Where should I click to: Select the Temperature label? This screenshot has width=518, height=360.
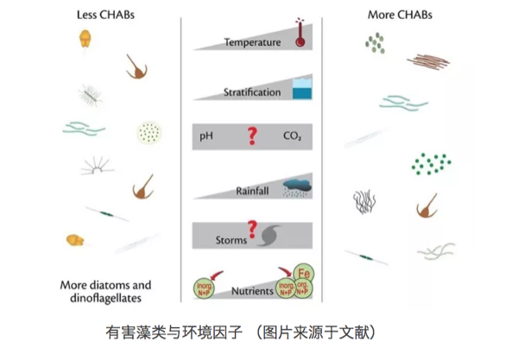coord(251,41)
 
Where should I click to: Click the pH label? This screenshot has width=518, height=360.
coord(206,136)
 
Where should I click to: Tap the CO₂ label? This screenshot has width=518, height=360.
coord(293,136)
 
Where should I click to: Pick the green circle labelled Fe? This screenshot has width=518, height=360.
coord(303,273)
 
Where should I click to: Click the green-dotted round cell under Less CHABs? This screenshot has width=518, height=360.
coord(148,132)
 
